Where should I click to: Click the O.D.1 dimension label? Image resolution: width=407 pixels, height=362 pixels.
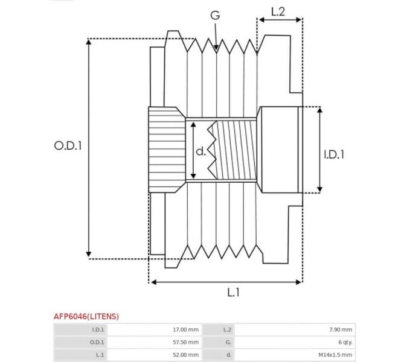68,145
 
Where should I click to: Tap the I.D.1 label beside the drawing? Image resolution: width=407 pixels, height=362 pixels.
334,154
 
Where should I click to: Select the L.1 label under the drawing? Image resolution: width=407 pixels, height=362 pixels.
234,292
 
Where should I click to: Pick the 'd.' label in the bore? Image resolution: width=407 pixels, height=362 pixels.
201,151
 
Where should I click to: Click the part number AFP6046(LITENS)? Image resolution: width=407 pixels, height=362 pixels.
86,316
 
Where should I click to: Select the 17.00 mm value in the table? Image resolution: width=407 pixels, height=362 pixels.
185,329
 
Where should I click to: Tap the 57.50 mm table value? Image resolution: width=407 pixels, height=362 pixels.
185,342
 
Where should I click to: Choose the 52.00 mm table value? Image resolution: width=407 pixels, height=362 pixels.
185,355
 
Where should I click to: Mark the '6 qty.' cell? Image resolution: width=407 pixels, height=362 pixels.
343,342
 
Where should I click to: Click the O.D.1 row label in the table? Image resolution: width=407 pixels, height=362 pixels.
97,342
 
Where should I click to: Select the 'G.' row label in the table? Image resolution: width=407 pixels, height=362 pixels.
228,342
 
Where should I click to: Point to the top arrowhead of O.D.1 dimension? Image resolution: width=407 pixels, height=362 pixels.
89,43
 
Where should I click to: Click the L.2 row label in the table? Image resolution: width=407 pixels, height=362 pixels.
227,329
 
